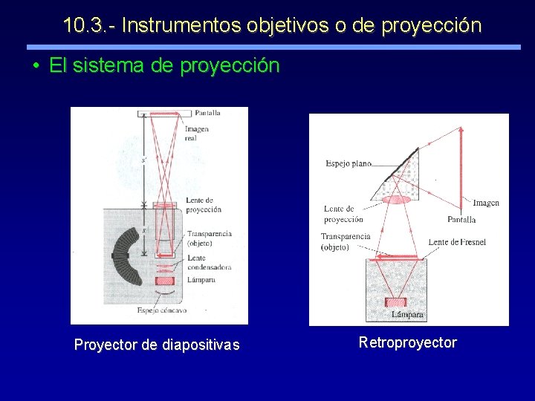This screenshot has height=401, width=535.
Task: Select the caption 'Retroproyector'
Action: [407, 342]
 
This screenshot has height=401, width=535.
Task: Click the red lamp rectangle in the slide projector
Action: [165, 281]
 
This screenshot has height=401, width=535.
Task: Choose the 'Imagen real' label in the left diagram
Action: [197, 134]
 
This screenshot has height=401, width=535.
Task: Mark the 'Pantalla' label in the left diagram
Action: [207, 114]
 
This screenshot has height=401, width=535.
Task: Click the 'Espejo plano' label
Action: [348, 163]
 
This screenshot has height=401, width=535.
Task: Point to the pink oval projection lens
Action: [396, 199]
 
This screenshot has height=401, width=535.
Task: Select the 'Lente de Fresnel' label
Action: [457, 242]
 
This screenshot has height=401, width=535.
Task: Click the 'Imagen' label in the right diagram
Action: [484, 203]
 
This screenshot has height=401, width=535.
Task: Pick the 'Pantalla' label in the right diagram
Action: [461, 220]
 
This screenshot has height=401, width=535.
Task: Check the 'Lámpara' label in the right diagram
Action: [407, 315]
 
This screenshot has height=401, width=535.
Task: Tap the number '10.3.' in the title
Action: [85, 25]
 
